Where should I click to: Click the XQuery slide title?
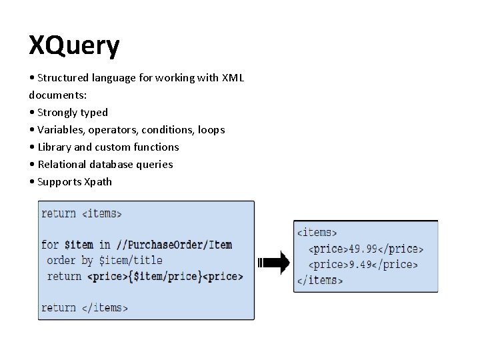coord(74,46)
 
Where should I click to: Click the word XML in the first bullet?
coord(233,78)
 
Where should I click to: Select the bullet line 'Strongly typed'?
coord(72,113)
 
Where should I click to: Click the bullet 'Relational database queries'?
coord(105,165)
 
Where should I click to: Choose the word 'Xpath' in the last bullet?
coord(98,182)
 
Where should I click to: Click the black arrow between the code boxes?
coord(273,262)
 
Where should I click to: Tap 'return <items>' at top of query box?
coord(81,213)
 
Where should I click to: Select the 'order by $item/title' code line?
coord(105,260)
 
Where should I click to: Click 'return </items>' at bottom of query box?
coord(84,307)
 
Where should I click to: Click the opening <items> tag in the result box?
coord(317,233)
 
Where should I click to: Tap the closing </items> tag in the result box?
coord(319,280)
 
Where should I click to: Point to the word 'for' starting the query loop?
coord(50,245)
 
